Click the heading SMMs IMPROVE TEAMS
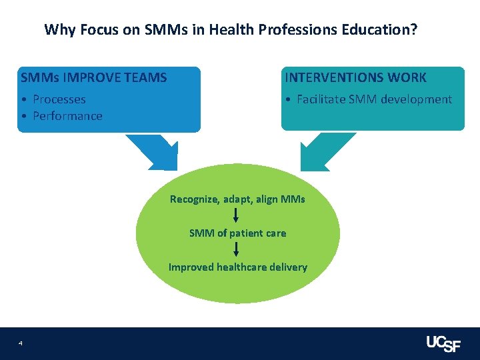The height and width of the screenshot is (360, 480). (x=94, y=77)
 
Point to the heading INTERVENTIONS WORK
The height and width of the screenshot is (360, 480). (x=355, y=77)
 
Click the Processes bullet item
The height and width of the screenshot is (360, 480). (x=59, y=99)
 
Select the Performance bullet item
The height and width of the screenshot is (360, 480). (x=67, y=116)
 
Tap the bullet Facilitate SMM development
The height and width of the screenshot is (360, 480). (x=373, y=99)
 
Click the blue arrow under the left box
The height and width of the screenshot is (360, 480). (x=154, y=151)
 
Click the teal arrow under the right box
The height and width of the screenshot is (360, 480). (x=325, y=151)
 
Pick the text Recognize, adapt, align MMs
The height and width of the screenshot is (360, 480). (x=237, y=199)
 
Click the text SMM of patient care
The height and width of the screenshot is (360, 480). (x=237, y=233)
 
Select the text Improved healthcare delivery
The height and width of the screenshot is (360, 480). (x=237, y=267)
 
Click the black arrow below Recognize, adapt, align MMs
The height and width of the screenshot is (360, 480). (x=236, y=215)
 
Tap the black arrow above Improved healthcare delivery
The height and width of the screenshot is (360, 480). (x=236, y=249)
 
